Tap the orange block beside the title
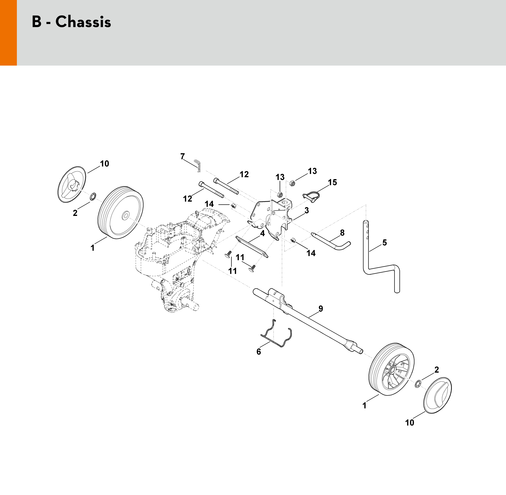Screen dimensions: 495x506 point(8,33)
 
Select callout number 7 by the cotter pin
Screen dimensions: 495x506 point(182,157)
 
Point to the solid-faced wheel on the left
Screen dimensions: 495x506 point(120,212)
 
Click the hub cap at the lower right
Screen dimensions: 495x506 point(438,396)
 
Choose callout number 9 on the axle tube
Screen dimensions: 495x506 point(321,309)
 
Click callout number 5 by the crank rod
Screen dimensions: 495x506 point(384,243)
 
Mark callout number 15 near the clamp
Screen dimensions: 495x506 point(332,183)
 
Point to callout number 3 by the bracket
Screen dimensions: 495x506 point(307,210)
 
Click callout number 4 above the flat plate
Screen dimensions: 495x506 point(263,234)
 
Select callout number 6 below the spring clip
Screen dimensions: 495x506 point(259,352)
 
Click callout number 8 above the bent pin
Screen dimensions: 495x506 point(342,233)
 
